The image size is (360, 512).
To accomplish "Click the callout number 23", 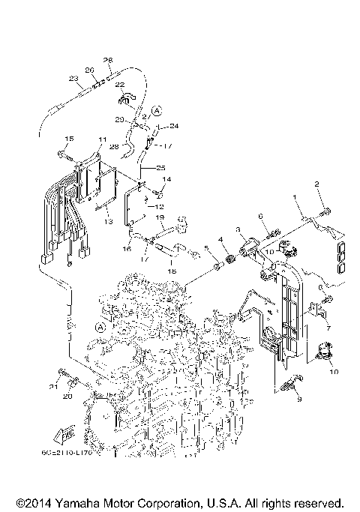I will [73, 78].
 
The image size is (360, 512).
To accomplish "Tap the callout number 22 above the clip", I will [121, 86].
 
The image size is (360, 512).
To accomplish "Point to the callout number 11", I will [101, 139].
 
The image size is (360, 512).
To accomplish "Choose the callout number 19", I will [159, 218].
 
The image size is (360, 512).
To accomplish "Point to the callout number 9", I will [298, 400].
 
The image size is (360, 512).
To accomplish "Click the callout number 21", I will [54, 387].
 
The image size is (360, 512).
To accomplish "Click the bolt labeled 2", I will [325, 214].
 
